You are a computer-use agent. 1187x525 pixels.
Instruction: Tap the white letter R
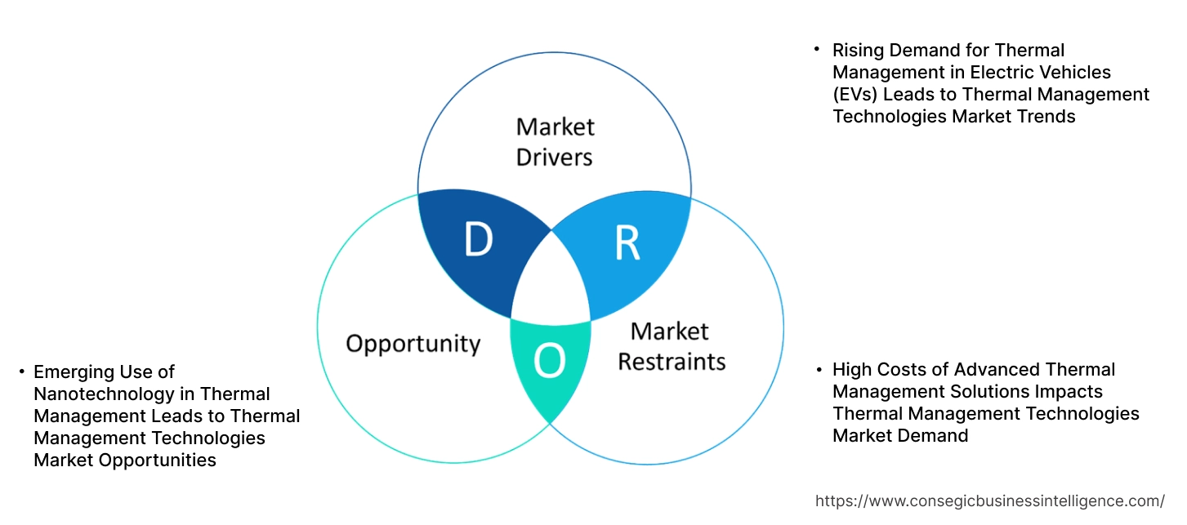pos(627,244)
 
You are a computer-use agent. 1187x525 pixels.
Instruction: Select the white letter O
pos(549,363)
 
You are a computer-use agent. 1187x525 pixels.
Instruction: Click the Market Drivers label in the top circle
pos(555,141)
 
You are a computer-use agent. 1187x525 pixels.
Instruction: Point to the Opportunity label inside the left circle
pos(413,343)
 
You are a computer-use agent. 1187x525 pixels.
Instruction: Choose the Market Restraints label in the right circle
pos(671,345)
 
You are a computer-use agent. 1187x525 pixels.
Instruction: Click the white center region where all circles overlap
pos(551,282)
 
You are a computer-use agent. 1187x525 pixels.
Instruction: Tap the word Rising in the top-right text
pos(857,51)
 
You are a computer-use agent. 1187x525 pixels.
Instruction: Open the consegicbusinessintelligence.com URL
pos(990,501)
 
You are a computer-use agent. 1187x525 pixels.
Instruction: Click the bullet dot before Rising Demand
pos(816,50)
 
